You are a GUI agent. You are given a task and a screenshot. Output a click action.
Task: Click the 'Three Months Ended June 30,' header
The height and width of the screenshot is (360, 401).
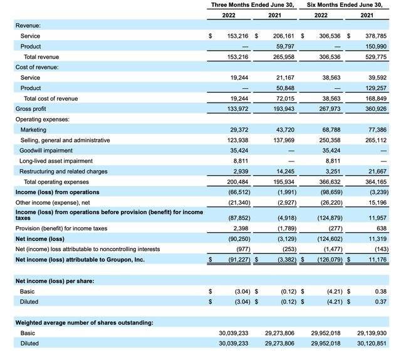point(253,5)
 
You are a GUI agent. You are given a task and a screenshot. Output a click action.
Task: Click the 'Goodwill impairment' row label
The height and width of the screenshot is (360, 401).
point(48,150)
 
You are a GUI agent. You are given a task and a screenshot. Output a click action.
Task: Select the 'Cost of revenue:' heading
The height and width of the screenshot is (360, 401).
point(38,68)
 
